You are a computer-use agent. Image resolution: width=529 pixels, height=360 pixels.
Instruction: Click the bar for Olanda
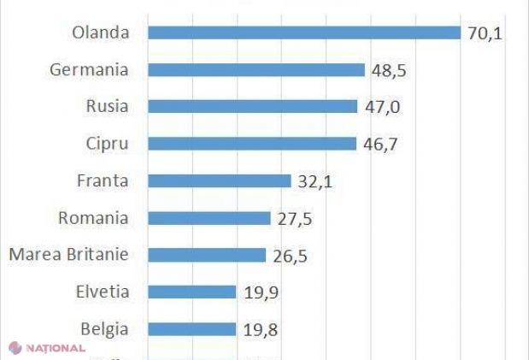tap(304, 32)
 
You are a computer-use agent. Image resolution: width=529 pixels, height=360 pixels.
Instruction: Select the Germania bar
tap(256, 70)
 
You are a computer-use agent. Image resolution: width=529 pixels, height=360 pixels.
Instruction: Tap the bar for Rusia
tap(252, 107)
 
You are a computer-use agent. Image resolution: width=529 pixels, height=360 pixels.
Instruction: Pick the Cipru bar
tap(251, 144)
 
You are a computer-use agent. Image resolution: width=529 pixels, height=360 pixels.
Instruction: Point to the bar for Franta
tap(220, 181)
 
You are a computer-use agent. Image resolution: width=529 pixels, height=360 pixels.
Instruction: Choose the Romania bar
tap(209, 218)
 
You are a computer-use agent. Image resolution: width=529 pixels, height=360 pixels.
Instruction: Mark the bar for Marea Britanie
tap(207, 255)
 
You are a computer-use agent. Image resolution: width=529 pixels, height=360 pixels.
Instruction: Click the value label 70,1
tap(485, 32)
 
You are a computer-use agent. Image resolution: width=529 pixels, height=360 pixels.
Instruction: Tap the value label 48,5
tap(388, 70)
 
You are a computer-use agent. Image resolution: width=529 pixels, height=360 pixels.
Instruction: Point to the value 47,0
tap(381, 107)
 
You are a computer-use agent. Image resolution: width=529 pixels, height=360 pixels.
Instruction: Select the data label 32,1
tap(315, 181)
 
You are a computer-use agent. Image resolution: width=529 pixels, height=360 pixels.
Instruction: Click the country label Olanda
tap(101, 33)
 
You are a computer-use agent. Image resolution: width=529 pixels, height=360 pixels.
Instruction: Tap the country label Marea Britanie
tap(68, 255)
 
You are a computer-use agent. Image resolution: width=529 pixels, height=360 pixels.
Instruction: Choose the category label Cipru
tap(107, 144)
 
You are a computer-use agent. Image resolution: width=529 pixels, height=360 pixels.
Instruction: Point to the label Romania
tap(93, 218)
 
